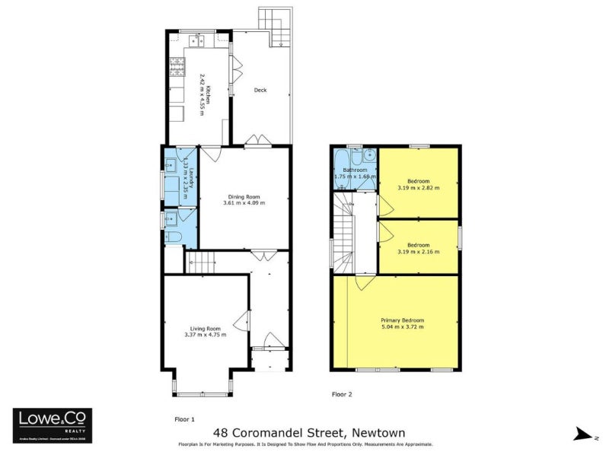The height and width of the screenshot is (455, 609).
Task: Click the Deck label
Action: [x=260, y=91]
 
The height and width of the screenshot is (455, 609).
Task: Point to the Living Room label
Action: [x=205, y=328]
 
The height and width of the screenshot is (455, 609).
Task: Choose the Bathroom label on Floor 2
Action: [x=356, y=170]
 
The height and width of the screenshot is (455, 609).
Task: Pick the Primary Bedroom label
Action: [x=402, y=320]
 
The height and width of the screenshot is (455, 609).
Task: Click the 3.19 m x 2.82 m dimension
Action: [x=418, y=188]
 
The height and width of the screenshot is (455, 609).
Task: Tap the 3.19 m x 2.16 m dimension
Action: [x=418, y=251]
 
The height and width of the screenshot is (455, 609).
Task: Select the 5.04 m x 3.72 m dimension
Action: [x=402, y=327]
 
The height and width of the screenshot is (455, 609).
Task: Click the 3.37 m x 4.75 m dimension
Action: [x=205, y=335]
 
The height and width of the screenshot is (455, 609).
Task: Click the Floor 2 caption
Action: [x=343, y=395]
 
